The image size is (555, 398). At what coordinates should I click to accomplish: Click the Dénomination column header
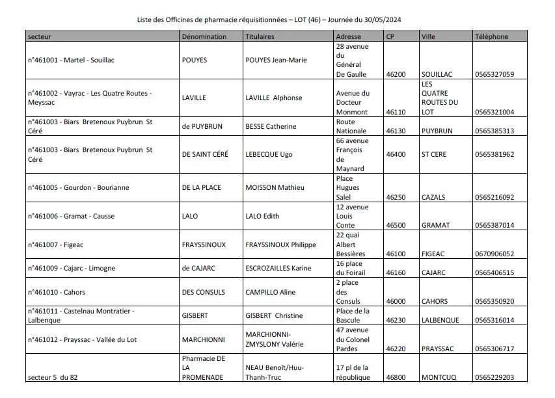click(204, 37)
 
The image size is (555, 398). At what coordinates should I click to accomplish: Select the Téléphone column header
click(492, 37)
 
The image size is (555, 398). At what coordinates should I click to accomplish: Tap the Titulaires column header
click(260, 37)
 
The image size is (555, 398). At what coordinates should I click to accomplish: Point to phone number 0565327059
click(494, 75)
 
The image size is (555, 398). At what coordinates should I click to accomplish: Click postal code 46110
click(396, 112)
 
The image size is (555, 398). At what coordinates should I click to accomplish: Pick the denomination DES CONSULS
click(202, 293)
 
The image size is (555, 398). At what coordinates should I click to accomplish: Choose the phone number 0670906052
click(494, 254)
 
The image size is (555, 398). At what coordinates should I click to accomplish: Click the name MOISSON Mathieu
click(275, 188)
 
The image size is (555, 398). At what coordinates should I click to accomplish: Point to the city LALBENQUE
click(440, 321)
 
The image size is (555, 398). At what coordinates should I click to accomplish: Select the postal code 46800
click(396, 377)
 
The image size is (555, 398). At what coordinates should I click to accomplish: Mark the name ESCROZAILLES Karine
click(278, 268)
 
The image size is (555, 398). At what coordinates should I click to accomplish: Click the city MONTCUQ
click(439, 377)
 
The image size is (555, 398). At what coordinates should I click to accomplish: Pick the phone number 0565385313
click(494, 131)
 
